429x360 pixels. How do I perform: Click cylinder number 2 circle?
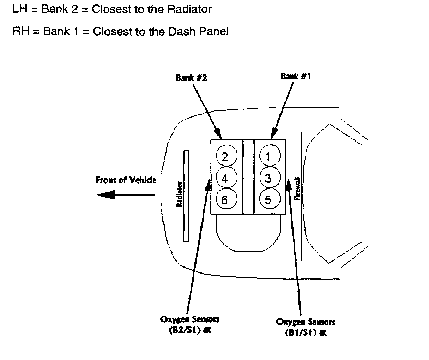point(225,156)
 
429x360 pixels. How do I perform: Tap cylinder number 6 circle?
point(225,200)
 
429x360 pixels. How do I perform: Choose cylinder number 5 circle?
point(268,200)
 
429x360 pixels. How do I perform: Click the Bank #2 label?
point(191,77)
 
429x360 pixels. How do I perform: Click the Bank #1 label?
point(296,76)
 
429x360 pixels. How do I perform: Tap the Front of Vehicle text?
point(126,180)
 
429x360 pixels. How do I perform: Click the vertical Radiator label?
point(179,194)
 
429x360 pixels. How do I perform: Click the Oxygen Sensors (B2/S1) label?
point(190,325)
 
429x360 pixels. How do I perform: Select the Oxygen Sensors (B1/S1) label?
point(306,327)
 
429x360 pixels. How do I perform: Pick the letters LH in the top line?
point(20,10)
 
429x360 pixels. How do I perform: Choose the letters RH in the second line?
point(20,31)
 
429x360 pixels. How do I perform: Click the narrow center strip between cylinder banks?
point(248,176)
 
